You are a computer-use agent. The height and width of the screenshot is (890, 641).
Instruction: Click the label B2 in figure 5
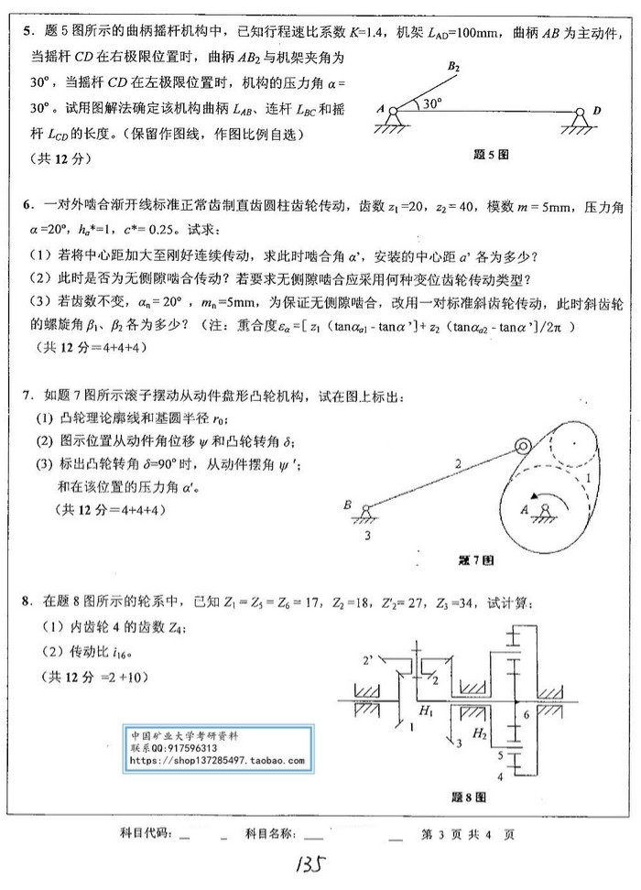pyautogui.click(x=453, y=67)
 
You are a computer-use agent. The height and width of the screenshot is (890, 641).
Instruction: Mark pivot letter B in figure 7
pyautogui.click(x=347, y=504)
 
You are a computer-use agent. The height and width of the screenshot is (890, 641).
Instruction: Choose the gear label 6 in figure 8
pyautogui.click(x=526, y=713)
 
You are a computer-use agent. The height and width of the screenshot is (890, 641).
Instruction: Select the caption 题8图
pyautogui.click(x=467, y=797)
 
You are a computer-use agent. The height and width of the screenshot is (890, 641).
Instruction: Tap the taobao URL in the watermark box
pyautogui.click(x=217, y=759)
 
